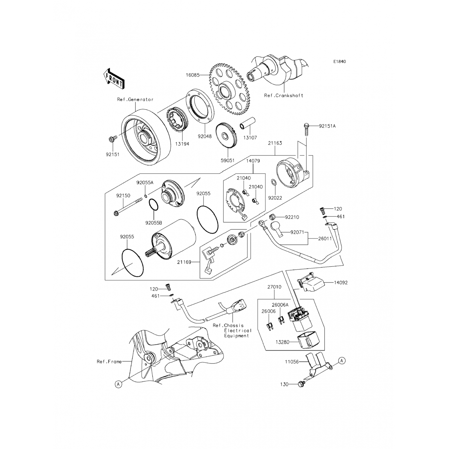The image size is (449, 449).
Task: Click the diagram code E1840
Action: coord(340,62)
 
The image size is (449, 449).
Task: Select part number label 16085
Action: coord(192,75)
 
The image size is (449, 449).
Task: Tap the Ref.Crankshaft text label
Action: coord(283,95)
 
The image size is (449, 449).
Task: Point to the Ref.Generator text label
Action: coord(135,100)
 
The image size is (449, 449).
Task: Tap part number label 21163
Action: coord(275,143)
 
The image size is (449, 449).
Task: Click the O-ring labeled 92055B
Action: coord(154,205)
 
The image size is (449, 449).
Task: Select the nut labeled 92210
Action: coord(273,217)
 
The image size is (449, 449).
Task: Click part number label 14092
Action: coord(341,282)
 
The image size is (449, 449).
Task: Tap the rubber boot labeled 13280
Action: coord(307,342)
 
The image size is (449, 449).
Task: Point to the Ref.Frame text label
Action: coord(109,362)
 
